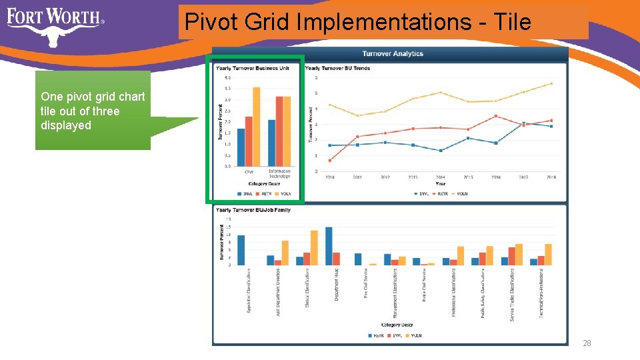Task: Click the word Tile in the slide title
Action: [513, 22]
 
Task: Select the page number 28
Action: [587, 343]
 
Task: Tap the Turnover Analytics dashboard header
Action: [393, 53]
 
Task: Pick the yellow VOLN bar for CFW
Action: [257, 127]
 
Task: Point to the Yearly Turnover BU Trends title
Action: [337, 67]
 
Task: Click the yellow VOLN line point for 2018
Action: [551, 83]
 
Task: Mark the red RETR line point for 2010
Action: [330, 160]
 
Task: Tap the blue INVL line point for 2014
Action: [441, 151]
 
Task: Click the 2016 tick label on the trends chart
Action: [496, 177]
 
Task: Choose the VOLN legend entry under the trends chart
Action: [461, 194]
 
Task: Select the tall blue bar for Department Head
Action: [329, 246]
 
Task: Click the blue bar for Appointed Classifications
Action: [241, 250]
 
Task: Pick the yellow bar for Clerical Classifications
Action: [314, 248]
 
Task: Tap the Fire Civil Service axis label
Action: [366, 283]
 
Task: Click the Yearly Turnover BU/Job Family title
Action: [253, 210]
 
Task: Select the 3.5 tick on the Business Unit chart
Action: [229, 88]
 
